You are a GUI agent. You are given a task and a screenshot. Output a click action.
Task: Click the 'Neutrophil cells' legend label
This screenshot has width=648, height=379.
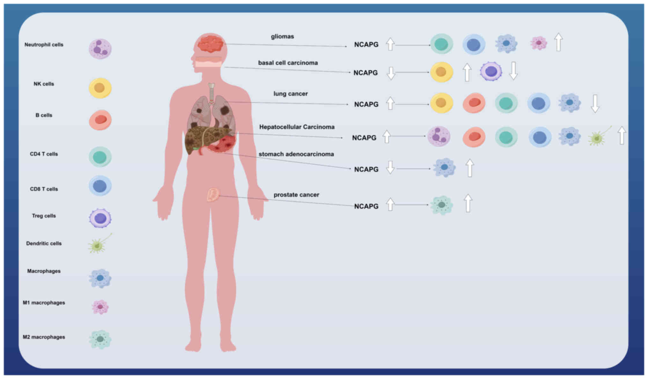pyautogui.click(x=44, y=45)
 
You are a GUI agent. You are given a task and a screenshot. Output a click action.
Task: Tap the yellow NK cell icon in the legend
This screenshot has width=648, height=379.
pyautogui.click(x=100, y=88)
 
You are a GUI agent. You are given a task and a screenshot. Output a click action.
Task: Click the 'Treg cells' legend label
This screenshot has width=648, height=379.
pyautogui.click(x=44, y=216)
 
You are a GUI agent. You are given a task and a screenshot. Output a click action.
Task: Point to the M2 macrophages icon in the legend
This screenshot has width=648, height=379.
pyautogui.click(x=100, y=339)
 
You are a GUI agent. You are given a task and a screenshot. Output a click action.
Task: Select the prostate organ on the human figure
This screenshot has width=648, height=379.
pyautogui.click(x=213, y=194)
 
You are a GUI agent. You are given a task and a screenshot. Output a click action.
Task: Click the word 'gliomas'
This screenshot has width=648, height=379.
pyautogui.click(x=283, y=36)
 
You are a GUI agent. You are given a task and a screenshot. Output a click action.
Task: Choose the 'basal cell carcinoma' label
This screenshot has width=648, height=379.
pyautogui.click(x=288, y=63)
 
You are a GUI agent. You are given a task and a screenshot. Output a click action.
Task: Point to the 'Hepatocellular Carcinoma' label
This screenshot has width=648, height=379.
pyautogui.click(x=297, y=127)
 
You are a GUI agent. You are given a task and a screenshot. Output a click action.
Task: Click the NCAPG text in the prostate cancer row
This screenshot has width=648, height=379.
pyautogui.click(x=366, y=206)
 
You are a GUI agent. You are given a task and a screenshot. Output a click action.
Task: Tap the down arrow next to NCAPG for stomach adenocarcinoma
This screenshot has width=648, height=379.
pyautogui.click(x=390, y=167)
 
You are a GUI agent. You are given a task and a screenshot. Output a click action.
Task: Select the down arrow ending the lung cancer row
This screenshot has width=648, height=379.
pyautogui.click(x=595, y=103)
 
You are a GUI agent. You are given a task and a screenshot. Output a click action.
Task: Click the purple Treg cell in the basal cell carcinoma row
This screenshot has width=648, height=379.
pyautogui.click(x=491, y=71)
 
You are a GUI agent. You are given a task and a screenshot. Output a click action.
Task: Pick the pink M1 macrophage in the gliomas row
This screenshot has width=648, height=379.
pyautogui.click(x=539, y=43)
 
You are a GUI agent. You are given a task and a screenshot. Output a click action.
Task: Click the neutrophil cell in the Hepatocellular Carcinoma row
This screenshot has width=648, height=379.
pyautogui.click(x=439, y=136)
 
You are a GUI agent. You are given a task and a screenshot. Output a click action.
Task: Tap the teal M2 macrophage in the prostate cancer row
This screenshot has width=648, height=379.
pyautogui.click(x=442, y=205)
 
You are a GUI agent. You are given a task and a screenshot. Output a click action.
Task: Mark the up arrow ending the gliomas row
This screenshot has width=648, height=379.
pyautogui.click(x=558, y=42)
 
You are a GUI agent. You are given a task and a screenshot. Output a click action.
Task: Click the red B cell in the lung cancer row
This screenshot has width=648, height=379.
pyautogui.click(x=474, y=103)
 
